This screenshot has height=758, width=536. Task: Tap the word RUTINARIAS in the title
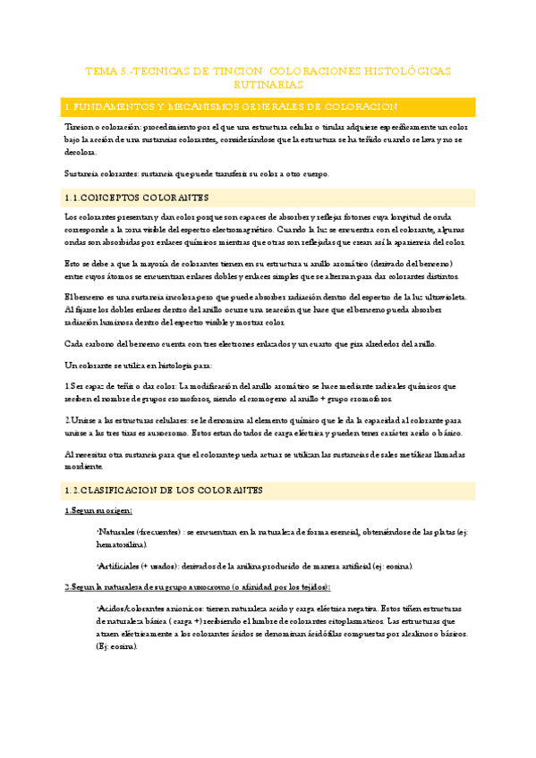(x=268, y=84)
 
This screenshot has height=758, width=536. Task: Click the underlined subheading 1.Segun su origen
(x=98, y=510)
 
